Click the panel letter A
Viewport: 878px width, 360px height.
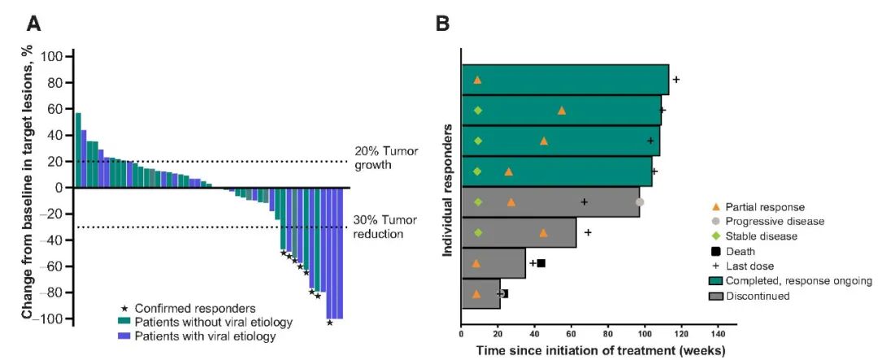point(33,24)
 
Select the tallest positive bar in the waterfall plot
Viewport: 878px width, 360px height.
point(78,150)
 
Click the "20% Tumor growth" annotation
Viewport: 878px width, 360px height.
point(385,158)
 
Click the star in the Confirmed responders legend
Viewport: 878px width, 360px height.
point(124,308)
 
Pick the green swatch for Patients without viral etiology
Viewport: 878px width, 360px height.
point(124,322)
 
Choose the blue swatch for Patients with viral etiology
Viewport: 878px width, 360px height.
point(124,336)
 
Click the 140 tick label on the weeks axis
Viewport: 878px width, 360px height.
point(718,333)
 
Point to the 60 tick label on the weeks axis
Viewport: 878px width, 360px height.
point(571,333)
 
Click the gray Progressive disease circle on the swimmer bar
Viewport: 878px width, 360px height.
point(640,202)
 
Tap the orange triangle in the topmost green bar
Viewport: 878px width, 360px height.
point(477,80)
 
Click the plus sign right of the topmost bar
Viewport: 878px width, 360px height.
point(676,80)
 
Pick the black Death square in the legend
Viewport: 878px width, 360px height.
point(716,251)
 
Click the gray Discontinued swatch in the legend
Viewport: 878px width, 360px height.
point(716,296)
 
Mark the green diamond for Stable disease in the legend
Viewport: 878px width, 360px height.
point(716,236)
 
